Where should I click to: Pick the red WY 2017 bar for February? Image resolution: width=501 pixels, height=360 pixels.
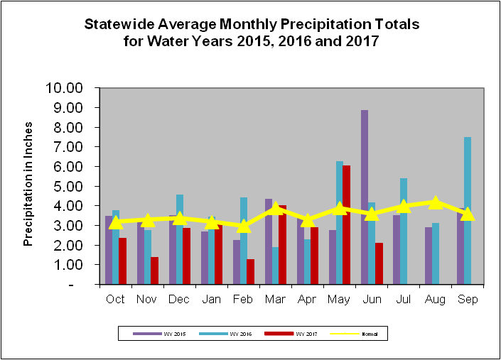tap(250, 272)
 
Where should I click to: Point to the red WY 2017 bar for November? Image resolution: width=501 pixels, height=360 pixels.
tap(154, 271)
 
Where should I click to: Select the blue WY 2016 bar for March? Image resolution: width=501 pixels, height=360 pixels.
tap(275, 266)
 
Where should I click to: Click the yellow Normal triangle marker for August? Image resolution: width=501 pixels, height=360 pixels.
tap(436, 202)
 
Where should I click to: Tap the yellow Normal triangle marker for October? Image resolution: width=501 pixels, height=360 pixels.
tap(116, 222)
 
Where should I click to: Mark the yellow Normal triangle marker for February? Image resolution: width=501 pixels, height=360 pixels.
tap(244, 226)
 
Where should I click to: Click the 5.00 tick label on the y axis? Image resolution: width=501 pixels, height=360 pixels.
tap(68, 186)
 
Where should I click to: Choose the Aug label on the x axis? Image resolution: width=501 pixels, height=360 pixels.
tap(435, 299)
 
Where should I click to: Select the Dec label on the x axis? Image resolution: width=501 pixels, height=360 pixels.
tap(179, 299)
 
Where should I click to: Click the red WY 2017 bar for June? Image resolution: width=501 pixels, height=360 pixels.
tap(378, 263)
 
